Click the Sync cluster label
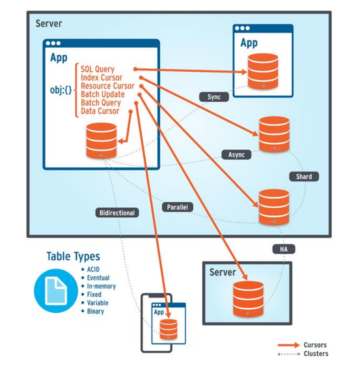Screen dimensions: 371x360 coord(214,97)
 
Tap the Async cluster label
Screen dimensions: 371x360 coord(237,154)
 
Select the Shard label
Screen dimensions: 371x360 coord(304,176)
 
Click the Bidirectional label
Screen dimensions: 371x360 coord(117,213)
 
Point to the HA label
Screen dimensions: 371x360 coord(283,249)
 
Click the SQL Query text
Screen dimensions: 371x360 coord(98,69)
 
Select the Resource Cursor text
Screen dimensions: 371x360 coord(108,86)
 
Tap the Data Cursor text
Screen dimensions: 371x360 coord(100,111)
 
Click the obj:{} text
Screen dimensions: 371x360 coord(60,90)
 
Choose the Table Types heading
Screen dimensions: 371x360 coord(73,256)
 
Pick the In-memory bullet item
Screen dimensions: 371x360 coord(101,286)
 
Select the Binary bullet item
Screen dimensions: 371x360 coord(95,311)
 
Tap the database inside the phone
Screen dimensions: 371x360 coord(169,329)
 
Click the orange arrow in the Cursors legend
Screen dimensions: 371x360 coord(289,345)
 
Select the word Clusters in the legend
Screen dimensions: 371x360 coord(316,354)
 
